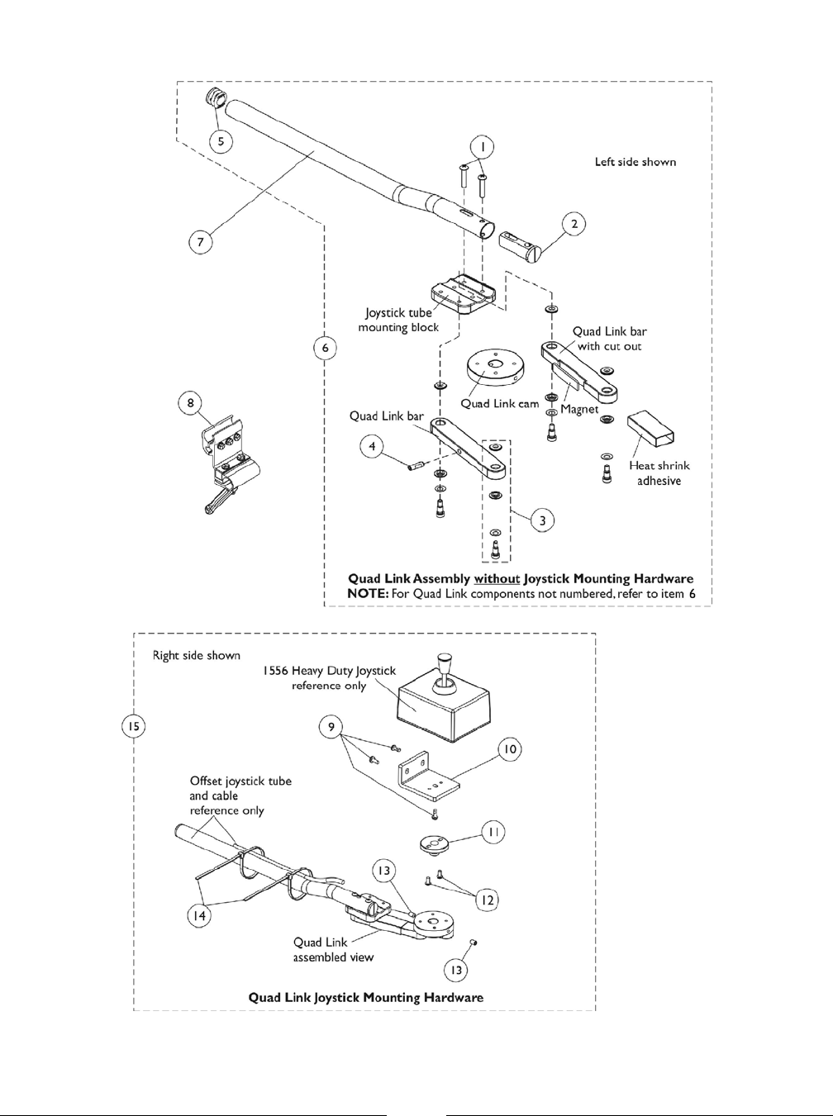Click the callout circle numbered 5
[221, 140]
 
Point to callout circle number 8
[192, 403]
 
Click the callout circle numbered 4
[373, 447]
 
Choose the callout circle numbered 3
[542, 520]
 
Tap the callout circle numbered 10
[511, 749]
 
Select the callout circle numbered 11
[493, 833]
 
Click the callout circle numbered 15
[136, 726]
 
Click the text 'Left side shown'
[635, 162]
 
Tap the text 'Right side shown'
[197, 655]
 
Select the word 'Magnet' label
[579, 409]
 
